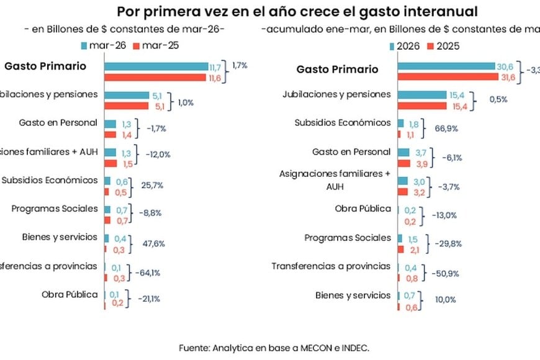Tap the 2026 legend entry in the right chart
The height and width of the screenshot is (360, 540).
(x=408, y=45)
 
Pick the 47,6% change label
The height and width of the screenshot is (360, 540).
(x=153, y=244)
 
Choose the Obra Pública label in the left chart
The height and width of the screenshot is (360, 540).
(x=70, y=294)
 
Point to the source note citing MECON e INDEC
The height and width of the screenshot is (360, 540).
(x=274, y=348)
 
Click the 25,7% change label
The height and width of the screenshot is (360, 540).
(x=153, y=186)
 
